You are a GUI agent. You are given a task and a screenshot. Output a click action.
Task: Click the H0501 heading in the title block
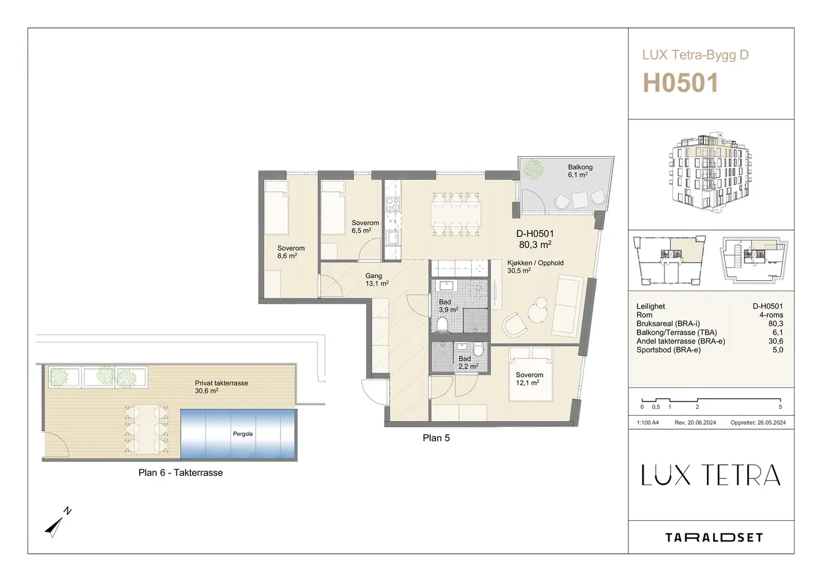coord(680,82)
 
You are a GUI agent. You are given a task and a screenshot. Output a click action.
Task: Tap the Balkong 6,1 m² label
coord(580,171)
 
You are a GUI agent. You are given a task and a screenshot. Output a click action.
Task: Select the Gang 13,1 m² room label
coord(377,280)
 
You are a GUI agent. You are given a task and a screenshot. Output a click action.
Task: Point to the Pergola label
coord(242,434)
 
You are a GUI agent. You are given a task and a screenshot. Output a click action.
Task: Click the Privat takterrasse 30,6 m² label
coord(221,387)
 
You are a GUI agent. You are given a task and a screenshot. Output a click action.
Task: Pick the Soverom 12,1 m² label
coord(529,379)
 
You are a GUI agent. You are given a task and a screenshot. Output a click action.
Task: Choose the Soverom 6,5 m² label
coord(365,227)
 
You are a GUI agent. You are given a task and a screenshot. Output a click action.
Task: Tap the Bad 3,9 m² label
coord(448,306)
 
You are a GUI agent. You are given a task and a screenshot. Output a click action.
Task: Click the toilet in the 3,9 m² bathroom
coord(442,325)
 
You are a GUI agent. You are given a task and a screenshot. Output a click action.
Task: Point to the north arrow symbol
coord(57,523)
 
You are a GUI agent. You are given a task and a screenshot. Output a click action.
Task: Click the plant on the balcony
coord(533,170)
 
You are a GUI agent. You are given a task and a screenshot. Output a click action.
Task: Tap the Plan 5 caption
coord(436,438)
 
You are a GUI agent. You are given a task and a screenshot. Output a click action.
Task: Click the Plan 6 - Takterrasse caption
coord(180,473)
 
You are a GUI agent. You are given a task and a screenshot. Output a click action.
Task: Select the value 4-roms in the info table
coord(772,315)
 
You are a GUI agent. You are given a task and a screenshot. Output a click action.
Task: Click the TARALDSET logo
coord(714,538)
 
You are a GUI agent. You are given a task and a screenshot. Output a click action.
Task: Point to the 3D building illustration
coord(709,172)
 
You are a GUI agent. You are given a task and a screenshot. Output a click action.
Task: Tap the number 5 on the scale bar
coord(780,407)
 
